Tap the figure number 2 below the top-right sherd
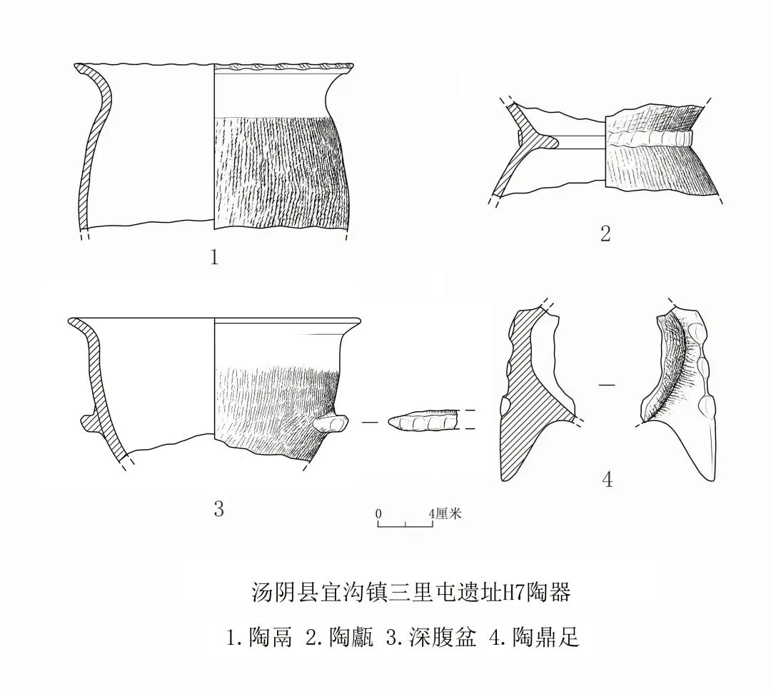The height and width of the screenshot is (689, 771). [x=605, y=233]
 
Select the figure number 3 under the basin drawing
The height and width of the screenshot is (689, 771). [x=218, y=508]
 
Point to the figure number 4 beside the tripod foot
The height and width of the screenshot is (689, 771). [x=608, y=479]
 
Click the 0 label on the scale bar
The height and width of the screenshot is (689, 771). [x=378, y=513]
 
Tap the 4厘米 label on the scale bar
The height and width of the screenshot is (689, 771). [x=445, y=513]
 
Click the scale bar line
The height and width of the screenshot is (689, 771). [x=405, y=526]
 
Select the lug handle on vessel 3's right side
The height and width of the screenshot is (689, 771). [x=330, y=425]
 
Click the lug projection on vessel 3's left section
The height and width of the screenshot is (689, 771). [x=88, y=422]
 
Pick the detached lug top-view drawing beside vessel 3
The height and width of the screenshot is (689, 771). [x=421, y=423]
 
